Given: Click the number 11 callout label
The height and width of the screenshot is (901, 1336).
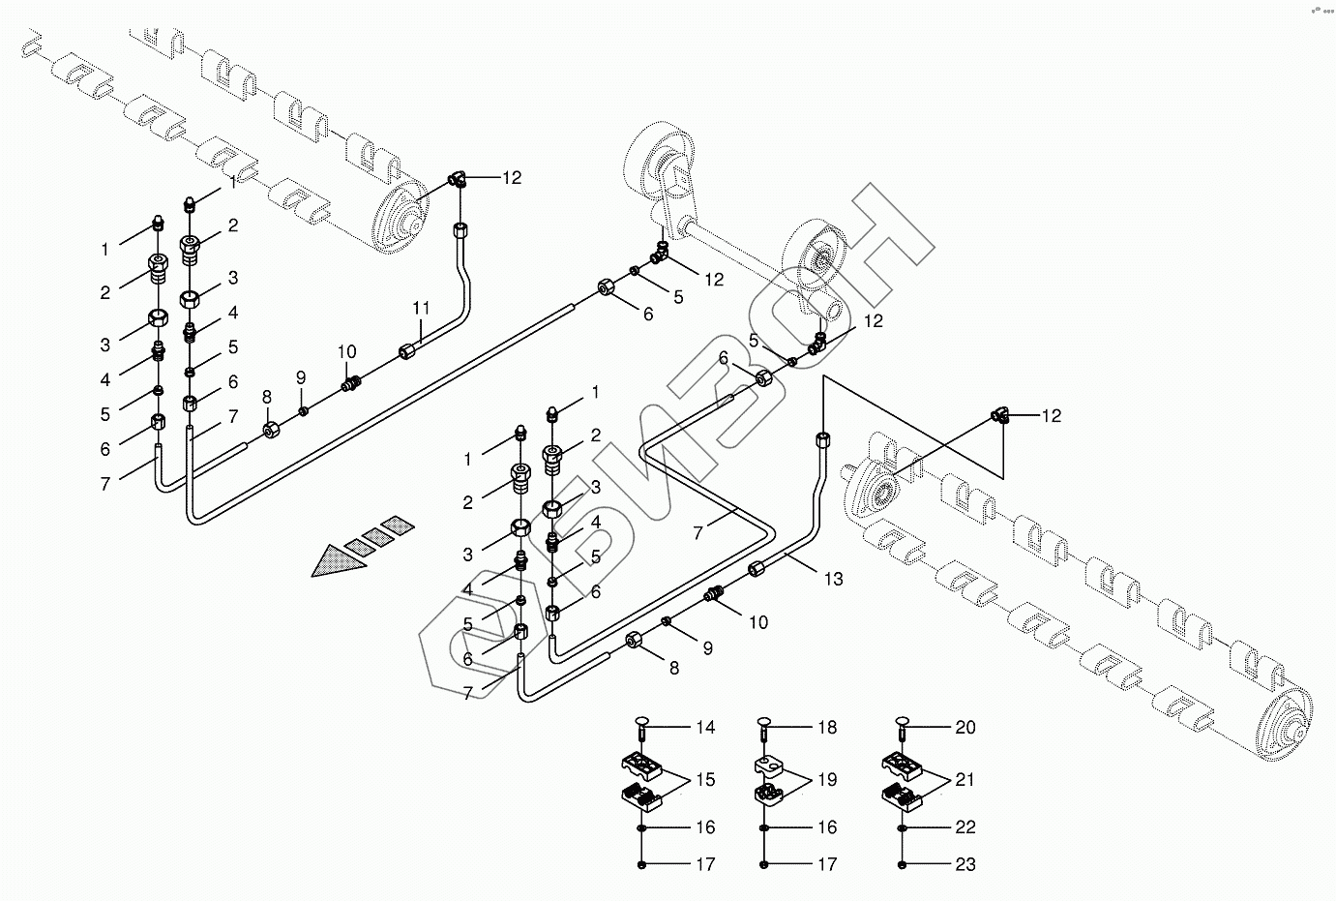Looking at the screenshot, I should click(x=420, y=308).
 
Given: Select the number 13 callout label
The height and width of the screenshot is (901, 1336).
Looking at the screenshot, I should click(x=833, y=579).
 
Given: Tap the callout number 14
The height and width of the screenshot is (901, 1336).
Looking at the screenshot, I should click(x=705, y=727).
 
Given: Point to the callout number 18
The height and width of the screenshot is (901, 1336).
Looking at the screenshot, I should click(x=826, y=727).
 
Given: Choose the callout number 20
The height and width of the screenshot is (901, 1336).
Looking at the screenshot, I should click(x=965, y=727).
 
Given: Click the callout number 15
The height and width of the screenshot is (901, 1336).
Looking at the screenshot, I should click(x=705, y=779).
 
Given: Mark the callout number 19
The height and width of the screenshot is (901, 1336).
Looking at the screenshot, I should click(x=826, y=779).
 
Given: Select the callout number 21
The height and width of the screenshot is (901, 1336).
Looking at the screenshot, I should click(x=965, y=779).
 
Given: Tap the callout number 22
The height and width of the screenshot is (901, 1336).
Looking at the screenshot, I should click(x=965, y=827).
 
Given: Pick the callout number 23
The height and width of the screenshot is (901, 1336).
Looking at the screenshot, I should click(x=965, y=864).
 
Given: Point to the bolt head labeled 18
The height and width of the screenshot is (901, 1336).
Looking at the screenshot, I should click(x=764, y=721).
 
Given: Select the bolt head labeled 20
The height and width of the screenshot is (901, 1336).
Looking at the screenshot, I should click(x=903, y=721).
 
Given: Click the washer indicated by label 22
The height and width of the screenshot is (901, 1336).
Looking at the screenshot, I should click(x=903, y=828).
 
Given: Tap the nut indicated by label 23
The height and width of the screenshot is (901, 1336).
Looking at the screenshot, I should click(x=903, y=864).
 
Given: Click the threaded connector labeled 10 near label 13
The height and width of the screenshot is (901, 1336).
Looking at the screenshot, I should click(x=716, y=593).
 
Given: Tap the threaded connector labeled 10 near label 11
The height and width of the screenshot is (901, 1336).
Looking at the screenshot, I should click(x=352, y=383).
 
